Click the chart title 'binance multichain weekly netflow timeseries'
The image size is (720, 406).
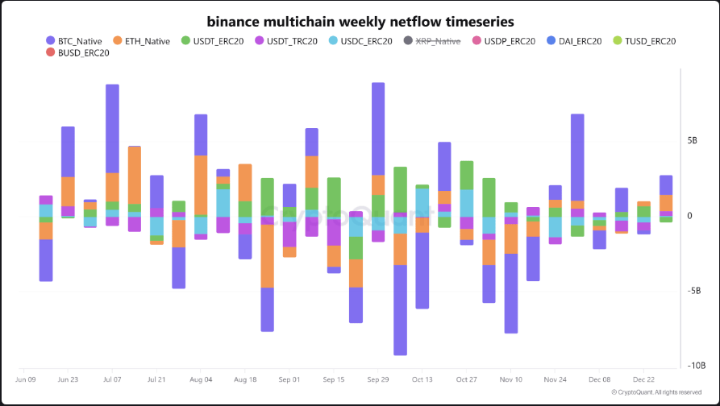click(360, 20)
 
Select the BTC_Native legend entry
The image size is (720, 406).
click(79, 41)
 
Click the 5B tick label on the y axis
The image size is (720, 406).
click(692, 140)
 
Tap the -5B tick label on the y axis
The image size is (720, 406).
click(693, 291)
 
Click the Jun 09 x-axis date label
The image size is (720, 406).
click(26, 379)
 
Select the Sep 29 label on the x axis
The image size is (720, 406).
click(378, 379)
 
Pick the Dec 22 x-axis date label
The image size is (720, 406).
click(643, 379)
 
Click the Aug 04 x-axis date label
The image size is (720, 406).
click(201, 379)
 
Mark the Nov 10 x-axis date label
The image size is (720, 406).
click(510, 379)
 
